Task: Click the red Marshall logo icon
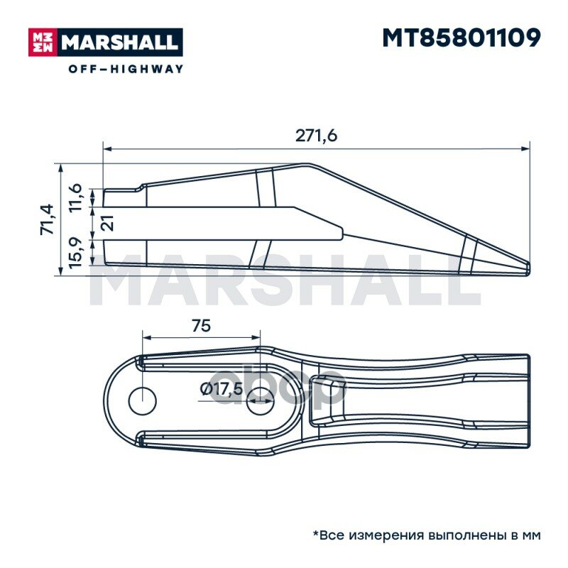coord(42,43)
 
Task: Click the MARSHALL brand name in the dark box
coord(119,43)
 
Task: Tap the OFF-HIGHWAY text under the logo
coord(126,69)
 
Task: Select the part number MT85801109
coord(461,38)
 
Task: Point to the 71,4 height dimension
coord(47,219)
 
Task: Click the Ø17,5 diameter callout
coord(222,389)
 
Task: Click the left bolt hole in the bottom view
coord(142,401)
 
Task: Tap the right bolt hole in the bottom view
coord(261,401)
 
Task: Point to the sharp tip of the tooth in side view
coord(528,267)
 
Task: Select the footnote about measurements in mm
coord(427,535)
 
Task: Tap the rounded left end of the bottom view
coord(109,401)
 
